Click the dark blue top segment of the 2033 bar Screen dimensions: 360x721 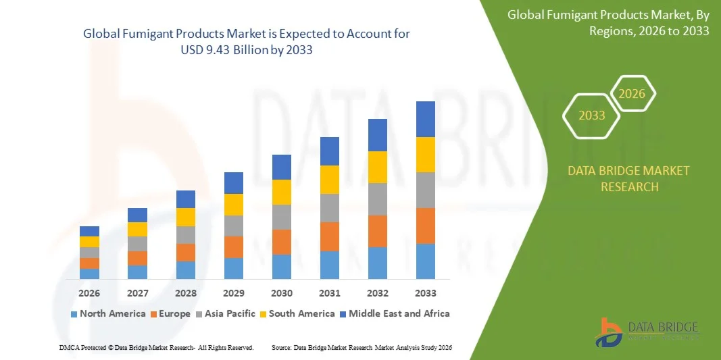[x=425, y=120]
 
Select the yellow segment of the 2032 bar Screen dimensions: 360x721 [x=377, y=167]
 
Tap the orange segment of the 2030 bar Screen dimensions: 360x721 [x=282, y=242]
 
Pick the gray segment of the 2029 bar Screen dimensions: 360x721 [x=234, y=226]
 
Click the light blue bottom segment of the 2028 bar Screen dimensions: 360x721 [x=186, y=270]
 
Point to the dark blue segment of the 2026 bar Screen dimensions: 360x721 [x=89, y=231]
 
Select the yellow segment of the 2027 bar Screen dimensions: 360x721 [x=137, y=229]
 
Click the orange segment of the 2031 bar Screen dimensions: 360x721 [x=329, y=236]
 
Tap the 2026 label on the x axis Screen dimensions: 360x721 [x=89, y=293]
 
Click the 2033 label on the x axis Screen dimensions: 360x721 [x=425, y=293]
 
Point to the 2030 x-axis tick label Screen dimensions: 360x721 [x=282, y=293]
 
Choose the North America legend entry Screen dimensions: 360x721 [x=108, y=313]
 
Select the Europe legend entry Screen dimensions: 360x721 [x=170, y=313]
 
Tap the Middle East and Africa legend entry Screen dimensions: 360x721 [x=394, y=313]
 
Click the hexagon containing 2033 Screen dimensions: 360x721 [x=592, y=115]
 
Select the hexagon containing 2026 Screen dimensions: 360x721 [x=632, y=94]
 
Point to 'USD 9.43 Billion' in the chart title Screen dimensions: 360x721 [x=246, y=51]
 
